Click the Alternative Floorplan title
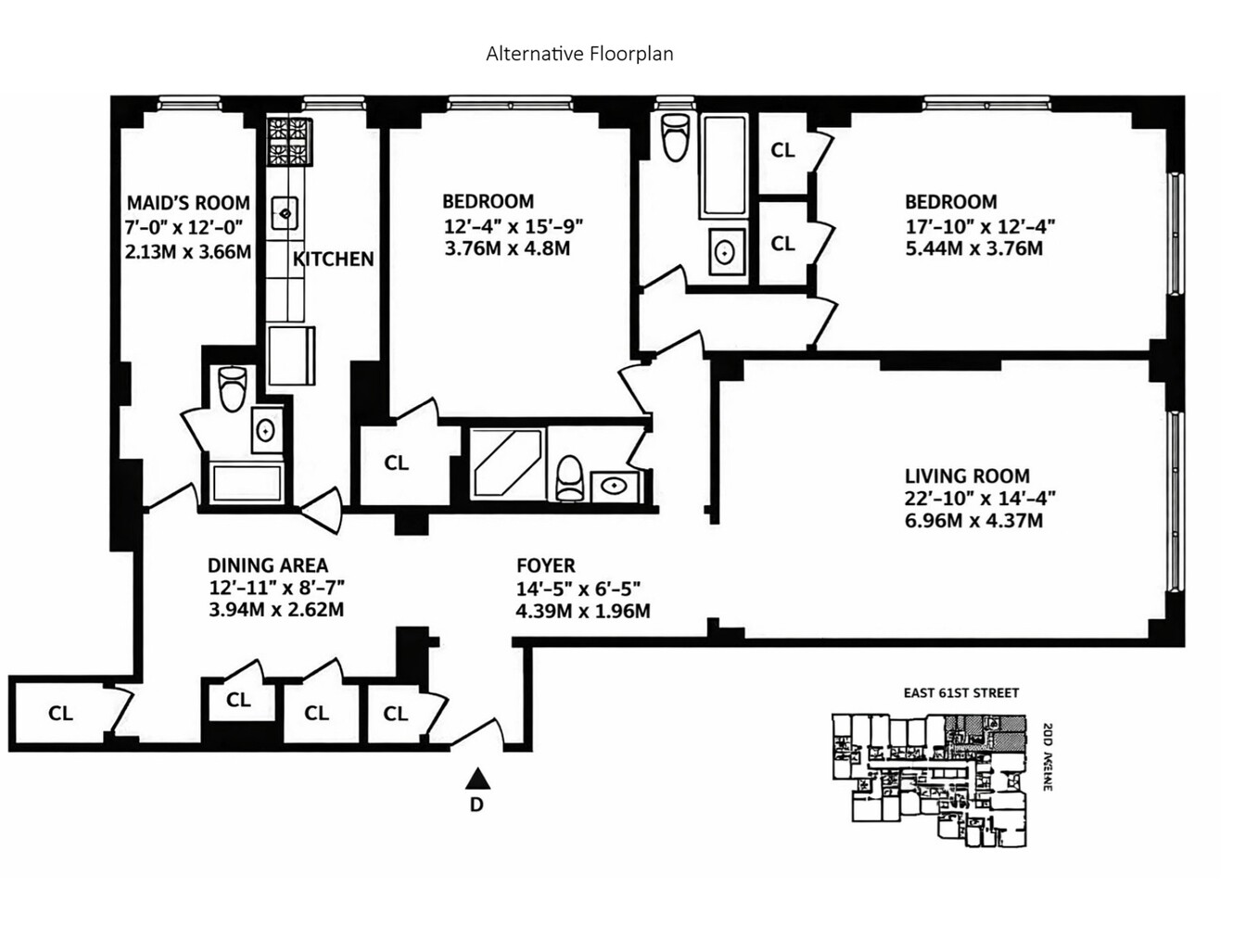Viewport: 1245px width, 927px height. pos(579,54)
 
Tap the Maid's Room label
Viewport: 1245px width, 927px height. pos(188,203)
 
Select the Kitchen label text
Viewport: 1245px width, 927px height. pos(333,260)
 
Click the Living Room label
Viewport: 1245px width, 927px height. pos(966,476)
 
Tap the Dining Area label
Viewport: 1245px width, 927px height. pos(267,565)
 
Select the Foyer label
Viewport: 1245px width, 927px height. pos(545,565)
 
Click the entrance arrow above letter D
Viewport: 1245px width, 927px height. pos(476,778)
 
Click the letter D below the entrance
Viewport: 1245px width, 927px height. pos(476,805)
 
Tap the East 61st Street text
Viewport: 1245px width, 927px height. pos(961,692)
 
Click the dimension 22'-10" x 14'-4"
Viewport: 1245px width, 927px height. pos(980,499)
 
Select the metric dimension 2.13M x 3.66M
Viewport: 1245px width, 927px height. pos(188,251)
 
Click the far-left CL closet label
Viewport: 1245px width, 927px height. pos(60,713)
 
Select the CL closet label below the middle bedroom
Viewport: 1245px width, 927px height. pos(396,463)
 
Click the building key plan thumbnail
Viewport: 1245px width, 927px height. pos(930,780)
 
